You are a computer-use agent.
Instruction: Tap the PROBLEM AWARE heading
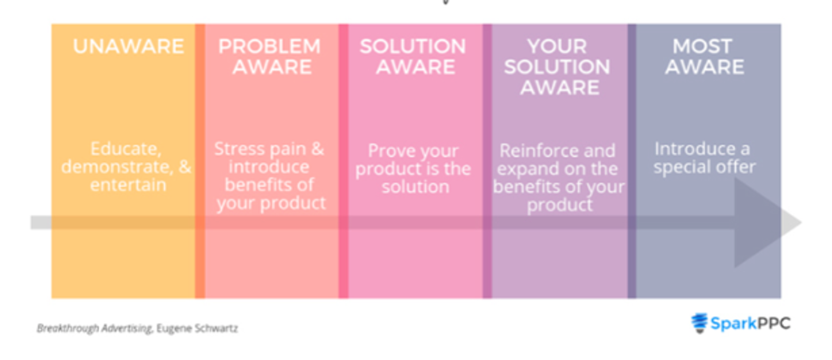pos(270,57)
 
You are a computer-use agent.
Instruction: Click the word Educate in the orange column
pos(125,149)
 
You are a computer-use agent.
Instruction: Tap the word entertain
pos(128,185)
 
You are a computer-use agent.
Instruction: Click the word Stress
pos(239,149)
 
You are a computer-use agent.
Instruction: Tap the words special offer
pos(704,167)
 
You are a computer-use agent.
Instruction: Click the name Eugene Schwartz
pos(197,328)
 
